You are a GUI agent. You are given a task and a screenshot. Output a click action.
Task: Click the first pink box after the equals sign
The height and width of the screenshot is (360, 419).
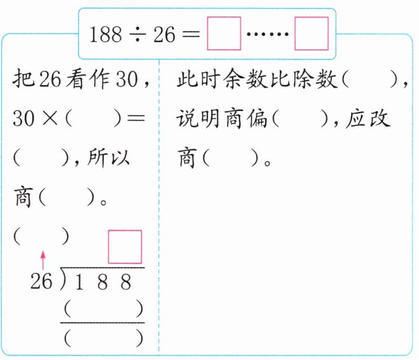click(224, 34)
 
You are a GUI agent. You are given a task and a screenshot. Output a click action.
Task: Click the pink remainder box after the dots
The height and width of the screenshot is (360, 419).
click(311, 34)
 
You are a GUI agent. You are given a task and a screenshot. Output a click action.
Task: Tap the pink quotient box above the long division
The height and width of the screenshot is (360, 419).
click(125, 247)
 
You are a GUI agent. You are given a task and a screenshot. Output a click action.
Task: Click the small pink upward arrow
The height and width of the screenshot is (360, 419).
click(42, 259)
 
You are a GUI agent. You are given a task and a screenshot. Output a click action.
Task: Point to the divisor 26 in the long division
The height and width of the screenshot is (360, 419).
click(41, 282)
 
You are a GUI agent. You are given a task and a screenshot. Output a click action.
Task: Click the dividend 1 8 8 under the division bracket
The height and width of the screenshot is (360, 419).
click(102, 282)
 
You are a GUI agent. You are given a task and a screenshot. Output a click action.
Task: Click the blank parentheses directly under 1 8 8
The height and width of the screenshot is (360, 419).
click(102, 308)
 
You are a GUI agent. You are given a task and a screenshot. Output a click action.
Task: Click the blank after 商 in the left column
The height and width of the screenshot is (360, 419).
click(65, 197)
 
